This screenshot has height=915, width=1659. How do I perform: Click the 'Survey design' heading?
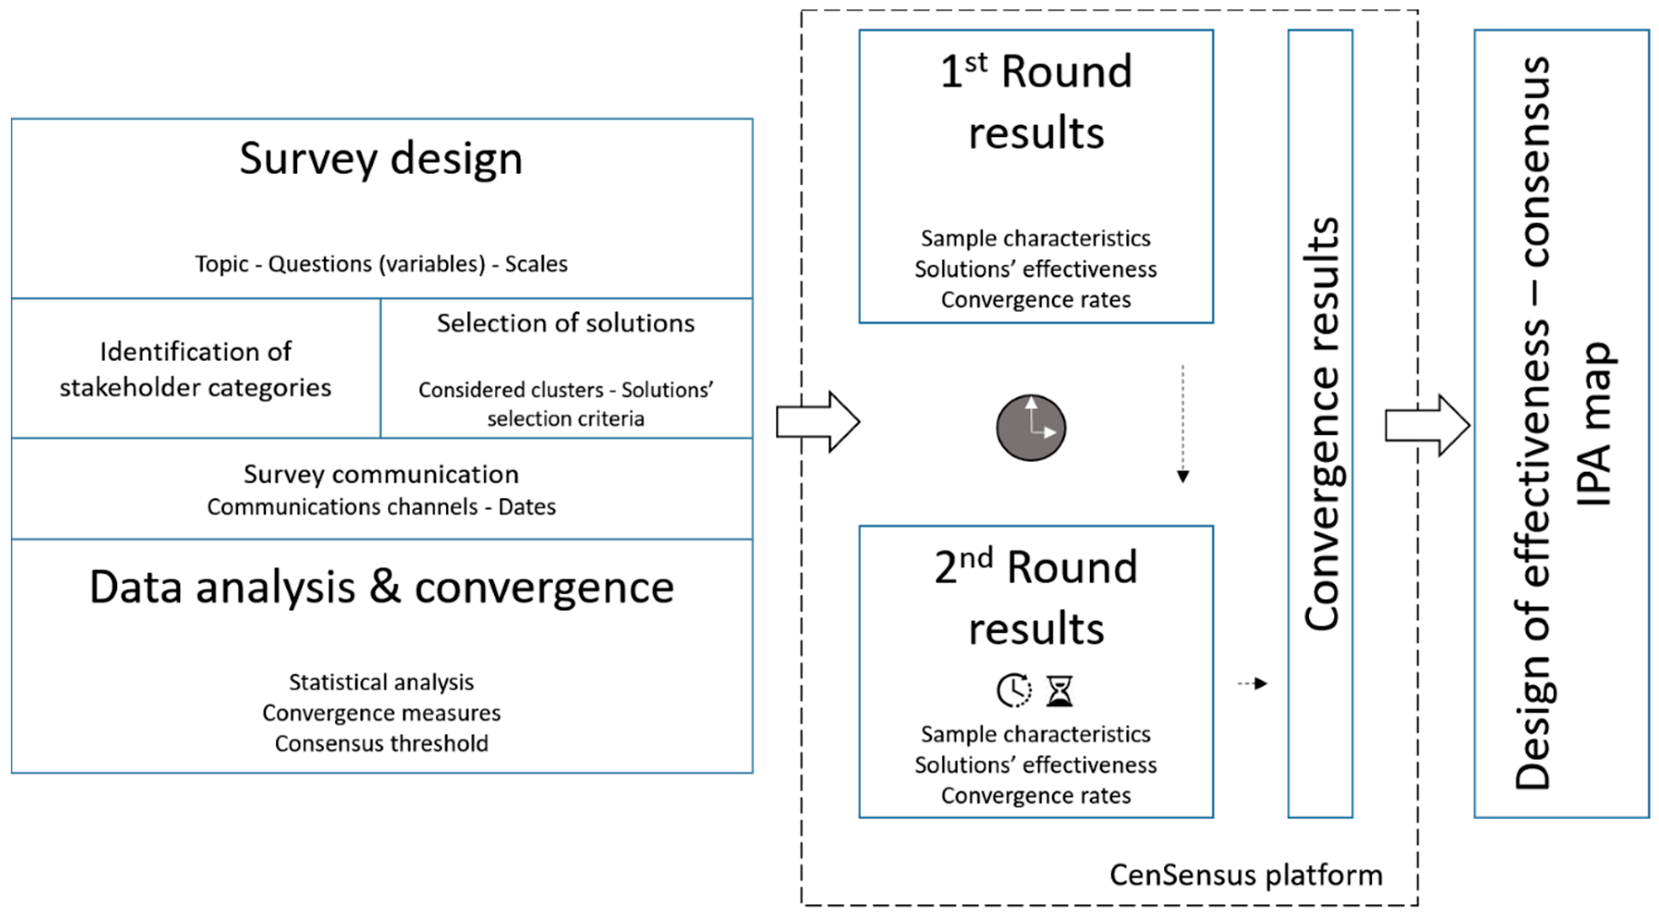click(381, 159)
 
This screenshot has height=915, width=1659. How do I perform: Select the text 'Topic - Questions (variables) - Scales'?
click(381, 264)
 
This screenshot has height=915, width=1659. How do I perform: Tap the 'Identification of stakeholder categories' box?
click(196, 369)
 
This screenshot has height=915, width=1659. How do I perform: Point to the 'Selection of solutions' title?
click(565, 323)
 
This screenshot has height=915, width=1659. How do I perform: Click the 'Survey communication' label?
click(381, 474)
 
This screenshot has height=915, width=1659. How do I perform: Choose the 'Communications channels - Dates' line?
click(381, 507)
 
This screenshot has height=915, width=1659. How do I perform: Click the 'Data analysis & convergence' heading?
click(381, 588)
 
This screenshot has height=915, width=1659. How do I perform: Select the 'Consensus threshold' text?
click(381, 744)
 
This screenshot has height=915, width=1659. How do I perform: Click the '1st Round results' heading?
click(1036, 101)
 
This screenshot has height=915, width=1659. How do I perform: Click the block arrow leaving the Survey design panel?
click(818, 422)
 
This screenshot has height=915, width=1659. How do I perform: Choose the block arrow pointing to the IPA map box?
click(1427, 425)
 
